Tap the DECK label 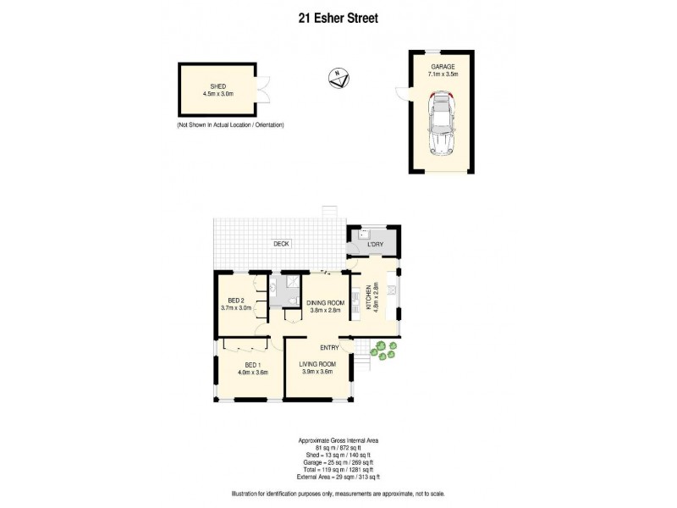(281, 244)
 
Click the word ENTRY (329, 347)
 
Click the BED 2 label (236, 301)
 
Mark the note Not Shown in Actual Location (229, 125)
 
